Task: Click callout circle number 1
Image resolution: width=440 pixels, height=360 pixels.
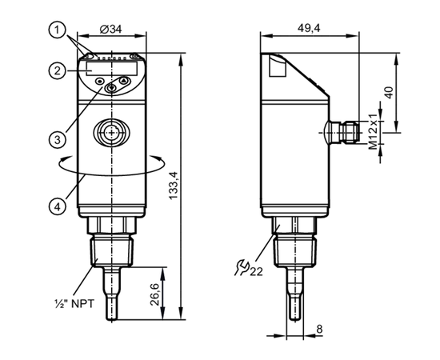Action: tap(58, 30)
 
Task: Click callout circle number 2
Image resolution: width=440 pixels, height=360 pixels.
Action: tap(58, 70)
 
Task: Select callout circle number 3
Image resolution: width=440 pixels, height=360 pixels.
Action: tap(58, 139)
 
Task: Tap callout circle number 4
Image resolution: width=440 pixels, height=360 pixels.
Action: tap(58, 207)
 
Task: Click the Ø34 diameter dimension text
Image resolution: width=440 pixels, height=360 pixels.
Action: tap(111, 29)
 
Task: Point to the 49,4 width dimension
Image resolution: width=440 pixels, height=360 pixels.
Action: tap(309, 28)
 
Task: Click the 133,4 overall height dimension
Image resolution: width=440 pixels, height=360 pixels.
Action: tap(174, 186)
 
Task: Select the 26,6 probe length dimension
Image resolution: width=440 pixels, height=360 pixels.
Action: tap(154, 294)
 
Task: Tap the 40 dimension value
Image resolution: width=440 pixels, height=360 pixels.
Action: tap(389, 93)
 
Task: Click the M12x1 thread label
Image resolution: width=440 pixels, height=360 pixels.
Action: tap(374, 131)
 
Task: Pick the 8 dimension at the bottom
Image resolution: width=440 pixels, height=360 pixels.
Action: tap(319, 329)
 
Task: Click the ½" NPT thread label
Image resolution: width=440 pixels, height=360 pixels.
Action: tap(74, 303)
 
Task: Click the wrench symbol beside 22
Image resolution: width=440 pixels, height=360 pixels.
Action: tap(241, 267)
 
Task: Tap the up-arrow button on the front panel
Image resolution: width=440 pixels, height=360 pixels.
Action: tap(124, 81)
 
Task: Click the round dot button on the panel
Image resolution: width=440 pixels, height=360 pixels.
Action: tap(100, 82)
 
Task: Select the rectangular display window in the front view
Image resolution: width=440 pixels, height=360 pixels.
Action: tap(112, 69)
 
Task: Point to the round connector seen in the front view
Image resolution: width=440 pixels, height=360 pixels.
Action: tap(112, 132)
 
